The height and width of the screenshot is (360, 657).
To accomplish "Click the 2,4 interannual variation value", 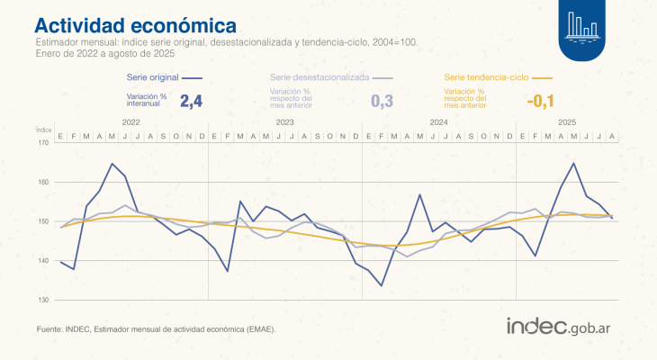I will point(192,101).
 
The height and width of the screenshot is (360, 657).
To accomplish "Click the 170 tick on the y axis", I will point(43,142).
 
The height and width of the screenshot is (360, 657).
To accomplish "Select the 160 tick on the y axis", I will point(43,182).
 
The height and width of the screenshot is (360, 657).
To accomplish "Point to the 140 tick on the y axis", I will point(43,260).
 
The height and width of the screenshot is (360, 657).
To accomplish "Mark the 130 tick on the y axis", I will point(43,300).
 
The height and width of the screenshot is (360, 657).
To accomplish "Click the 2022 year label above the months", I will point(130,121).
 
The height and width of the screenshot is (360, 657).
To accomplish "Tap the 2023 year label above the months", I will point(284,121).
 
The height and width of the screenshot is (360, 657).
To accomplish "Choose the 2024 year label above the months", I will point(438,121).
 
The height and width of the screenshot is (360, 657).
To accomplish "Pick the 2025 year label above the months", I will point(567,121).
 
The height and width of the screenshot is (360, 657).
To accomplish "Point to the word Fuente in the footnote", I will point(49,329).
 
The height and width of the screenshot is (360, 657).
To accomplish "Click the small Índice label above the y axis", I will point(43,130).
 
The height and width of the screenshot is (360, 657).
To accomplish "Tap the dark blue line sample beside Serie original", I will point(194,79).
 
